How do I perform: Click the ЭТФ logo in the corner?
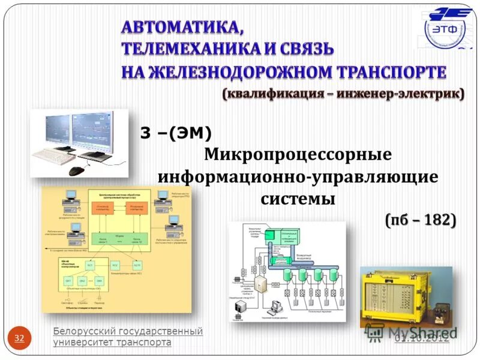click(x=448, y=28)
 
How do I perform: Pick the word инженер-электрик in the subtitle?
click(x=399, y=94)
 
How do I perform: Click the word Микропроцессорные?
click(x=298, y=155)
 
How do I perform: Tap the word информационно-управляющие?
click(x=298, y=177)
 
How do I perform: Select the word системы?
click(x=298, y=199)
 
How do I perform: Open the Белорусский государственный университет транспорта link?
click(x=127, y=337)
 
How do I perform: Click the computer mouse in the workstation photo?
click(x=76, y=170)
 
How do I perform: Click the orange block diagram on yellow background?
click(x=116, y=248)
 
